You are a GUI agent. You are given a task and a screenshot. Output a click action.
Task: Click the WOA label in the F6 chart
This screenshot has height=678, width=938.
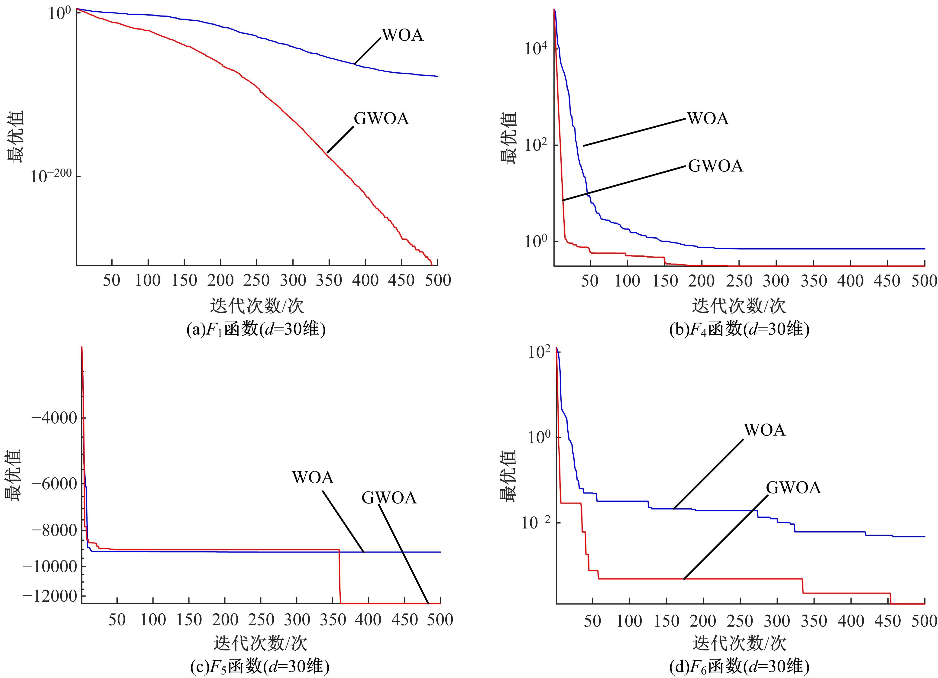click(764, 430)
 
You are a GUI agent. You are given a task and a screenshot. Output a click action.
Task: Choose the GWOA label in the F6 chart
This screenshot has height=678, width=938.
click(793, 488)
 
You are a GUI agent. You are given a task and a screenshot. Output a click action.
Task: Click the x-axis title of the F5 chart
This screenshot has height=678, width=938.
click(260, 643)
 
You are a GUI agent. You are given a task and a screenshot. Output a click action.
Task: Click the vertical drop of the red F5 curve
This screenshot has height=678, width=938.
click(340, 577)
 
